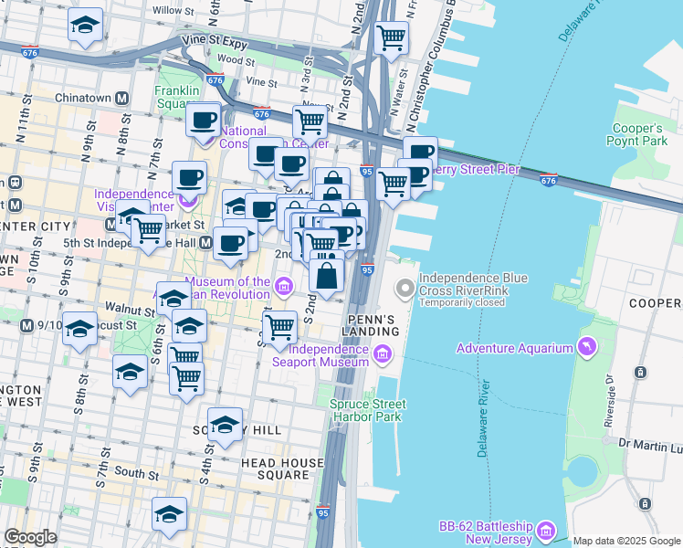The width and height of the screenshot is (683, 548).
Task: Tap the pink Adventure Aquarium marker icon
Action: [585, 347]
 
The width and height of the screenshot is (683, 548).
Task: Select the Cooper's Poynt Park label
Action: [638, 134]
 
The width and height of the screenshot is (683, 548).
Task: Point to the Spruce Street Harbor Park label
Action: [369, 410]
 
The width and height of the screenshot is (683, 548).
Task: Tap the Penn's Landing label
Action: [372, 324]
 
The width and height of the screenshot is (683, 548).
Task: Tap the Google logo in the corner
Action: [30, 537]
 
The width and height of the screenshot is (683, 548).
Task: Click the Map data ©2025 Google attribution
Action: [626, 541]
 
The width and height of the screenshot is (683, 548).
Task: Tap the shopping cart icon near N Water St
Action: [392, 37]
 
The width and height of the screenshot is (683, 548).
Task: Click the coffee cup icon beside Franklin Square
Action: [203, 119]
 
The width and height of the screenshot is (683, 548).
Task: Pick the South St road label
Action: [137, 473]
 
